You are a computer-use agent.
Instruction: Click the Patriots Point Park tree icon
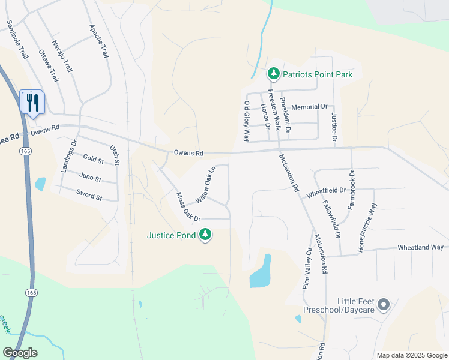click(274, 74)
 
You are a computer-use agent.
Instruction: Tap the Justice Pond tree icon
click(206, 235)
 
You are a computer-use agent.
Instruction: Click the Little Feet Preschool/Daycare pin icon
click(384, 305)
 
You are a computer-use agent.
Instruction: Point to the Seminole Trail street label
click(17, 40)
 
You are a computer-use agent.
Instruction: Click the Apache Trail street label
click(98, 41)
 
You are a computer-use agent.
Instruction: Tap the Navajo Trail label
click(62, 56)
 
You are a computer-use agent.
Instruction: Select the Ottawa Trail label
click(49, 65)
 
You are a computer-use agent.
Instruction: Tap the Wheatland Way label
click(420, 247)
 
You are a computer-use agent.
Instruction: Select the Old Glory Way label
click(247, 121)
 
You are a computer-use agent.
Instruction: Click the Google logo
click(20, 353)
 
